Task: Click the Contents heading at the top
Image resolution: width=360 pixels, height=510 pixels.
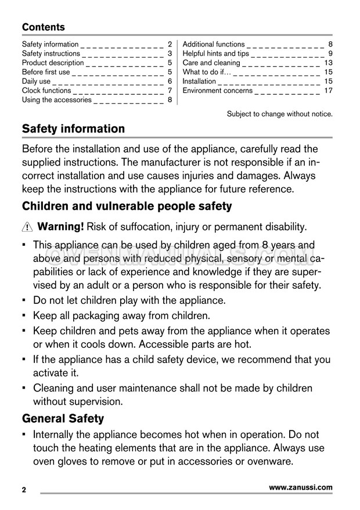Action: [x=44, y=27]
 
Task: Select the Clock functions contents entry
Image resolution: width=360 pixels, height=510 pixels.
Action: [x=46, y=91]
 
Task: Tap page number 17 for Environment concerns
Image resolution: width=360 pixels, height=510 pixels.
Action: [x=328, y=91]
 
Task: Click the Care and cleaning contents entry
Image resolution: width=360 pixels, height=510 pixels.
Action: [x=211, y=63]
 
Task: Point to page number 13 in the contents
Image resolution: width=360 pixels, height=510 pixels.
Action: [x=328, y=63]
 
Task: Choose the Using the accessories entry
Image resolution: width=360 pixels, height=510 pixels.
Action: [x=57, y=100]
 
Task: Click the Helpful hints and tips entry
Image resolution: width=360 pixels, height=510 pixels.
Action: [x=216, y=53]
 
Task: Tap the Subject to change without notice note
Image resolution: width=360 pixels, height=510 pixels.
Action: [x=279, y=114]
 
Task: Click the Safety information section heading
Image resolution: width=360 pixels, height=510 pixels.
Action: [x=73, y=129]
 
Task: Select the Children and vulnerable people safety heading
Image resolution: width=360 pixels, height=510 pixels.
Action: [x=127, y=206]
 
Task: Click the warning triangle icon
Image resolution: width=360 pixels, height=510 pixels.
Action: [x=27, y=227]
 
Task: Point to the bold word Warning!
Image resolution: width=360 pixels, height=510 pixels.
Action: [x=61, y=226]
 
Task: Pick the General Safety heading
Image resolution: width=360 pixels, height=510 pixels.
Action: [x=63, y=418]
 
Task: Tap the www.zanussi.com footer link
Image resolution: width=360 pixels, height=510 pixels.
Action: [x=301, y=488]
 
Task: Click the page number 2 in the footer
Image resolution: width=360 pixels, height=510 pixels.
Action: [x=24, y=490]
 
